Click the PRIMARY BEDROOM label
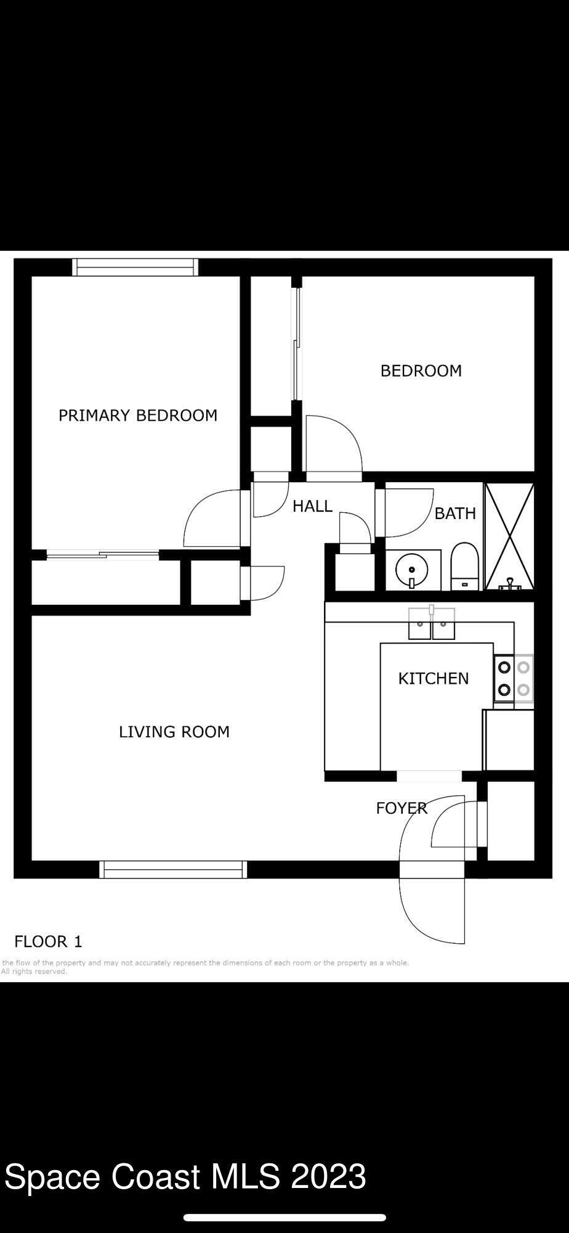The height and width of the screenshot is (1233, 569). coord(138,416)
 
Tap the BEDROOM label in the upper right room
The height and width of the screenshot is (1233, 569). coord(421,371)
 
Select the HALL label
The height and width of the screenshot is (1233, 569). coord(312,506)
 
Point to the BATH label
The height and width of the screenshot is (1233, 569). coord(455,514)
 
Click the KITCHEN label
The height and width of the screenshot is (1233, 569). coord(434,678)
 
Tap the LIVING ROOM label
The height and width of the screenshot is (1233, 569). coord(174,732)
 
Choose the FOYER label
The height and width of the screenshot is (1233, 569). coord(402,808)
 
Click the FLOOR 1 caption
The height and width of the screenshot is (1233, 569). coord(48,941)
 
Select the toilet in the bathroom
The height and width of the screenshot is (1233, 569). coord(464,566)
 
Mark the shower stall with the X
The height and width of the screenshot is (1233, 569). coord(509,536)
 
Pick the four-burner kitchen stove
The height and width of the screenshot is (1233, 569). coord(514,678)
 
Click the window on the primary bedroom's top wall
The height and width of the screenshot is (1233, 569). coord(135,267)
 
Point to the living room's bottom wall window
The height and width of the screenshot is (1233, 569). coord(173,869)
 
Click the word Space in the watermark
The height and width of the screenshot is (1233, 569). coord(52,1176)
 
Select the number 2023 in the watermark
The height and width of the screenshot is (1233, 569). coord(328,1176)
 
